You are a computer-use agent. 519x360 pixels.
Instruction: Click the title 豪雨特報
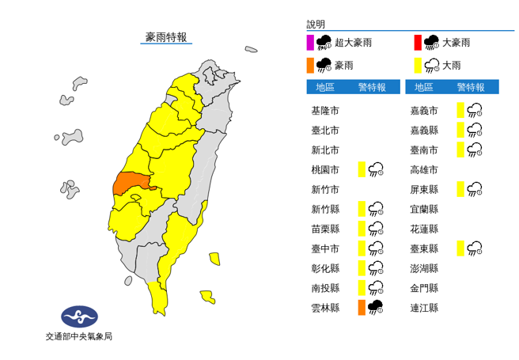(166, 37)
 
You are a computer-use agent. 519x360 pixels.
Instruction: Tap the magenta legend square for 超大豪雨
(310, 42)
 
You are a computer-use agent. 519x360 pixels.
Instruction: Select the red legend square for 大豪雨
(417, 42)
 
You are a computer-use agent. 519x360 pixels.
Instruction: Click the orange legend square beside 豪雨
(310, 64)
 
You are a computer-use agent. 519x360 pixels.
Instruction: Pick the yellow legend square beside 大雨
(417, 64)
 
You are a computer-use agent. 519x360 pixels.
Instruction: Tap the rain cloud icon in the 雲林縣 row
(376, 308)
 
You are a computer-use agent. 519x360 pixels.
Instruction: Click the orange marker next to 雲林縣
(361, 308)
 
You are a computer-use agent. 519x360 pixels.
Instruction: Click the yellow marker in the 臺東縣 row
(460, 248)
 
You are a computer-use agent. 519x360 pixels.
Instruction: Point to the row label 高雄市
(424, 169)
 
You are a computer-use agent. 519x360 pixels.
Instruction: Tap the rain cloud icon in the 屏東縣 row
(475, 189)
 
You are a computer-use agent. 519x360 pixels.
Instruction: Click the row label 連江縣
(424, 308)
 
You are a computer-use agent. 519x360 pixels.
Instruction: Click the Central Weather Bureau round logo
(79, 317)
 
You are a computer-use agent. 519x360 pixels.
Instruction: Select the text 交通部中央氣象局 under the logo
(79, 336)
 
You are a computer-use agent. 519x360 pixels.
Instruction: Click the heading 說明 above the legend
(316, 25)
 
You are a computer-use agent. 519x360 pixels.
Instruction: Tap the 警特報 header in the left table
(372, 87)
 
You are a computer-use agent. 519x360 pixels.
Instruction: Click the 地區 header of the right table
(424, 87)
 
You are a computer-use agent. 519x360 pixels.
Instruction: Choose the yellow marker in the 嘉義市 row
(460, 111)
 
